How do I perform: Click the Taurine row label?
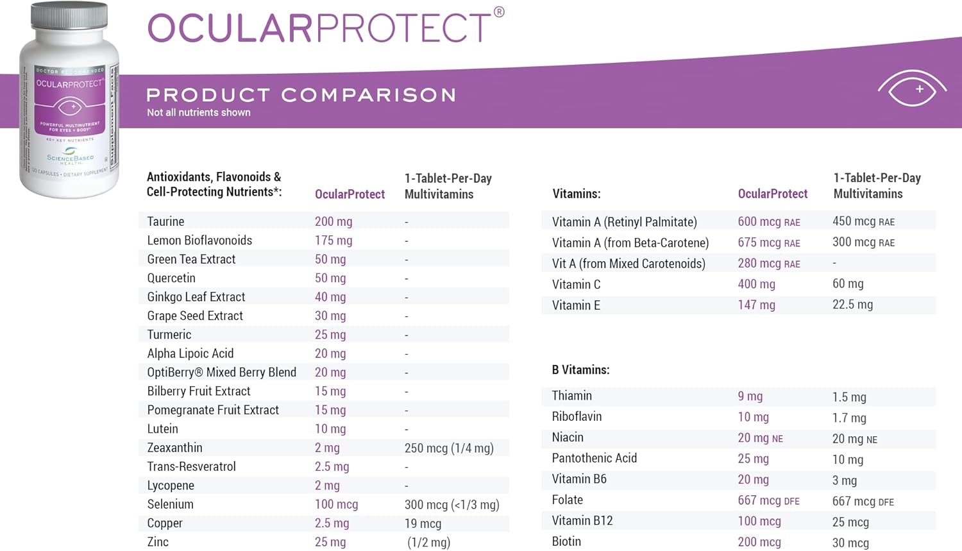165,221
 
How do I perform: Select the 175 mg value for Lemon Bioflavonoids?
333,241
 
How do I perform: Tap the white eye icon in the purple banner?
911,89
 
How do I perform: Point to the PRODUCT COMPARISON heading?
301,95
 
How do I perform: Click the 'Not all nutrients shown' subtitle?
199,113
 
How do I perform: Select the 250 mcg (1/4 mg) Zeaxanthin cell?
449,448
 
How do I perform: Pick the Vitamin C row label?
576,284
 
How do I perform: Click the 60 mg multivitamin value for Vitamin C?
847,284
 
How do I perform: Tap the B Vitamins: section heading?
580,370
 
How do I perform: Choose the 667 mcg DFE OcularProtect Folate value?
768,500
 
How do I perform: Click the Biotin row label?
566,541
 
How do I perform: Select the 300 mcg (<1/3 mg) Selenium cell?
451,505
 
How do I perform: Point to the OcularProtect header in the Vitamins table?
772,194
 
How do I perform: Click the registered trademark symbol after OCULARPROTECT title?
499,12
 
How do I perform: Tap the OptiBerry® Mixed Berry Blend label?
221,373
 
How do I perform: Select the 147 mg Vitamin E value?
756,305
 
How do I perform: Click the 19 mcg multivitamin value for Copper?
423,523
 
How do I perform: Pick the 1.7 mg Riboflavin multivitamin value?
849,418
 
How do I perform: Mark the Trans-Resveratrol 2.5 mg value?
332,467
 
